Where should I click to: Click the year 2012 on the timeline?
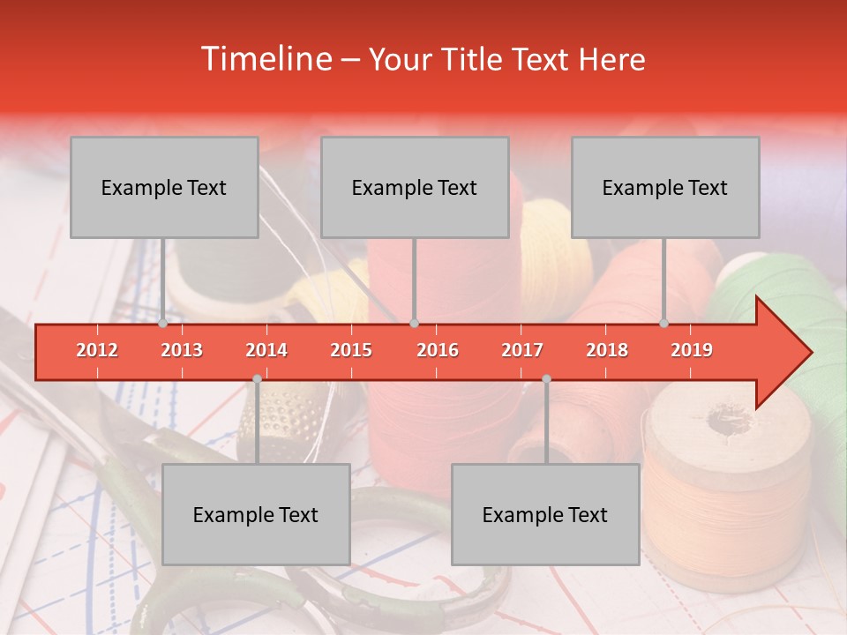click(97, 350)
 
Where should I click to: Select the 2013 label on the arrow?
click(182, 350)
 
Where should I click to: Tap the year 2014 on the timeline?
click(266, 350)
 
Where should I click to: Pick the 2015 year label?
click(351, 350)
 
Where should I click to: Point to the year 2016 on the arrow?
click(438, 350)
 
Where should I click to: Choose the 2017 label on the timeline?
click(522, 350)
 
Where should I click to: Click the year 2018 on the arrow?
click(607, 350)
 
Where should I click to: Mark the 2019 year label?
click(692, 350)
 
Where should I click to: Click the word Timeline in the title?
click(264, 59)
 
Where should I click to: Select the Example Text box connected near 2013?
click(164, 187)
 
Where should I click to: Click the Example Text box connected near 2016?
click(415, 187)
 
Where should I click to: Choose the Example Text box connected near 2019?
click(665, 187)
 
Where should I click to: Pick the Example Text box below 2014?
click(256, 514)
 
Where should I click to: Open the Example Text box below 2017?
click(545, 514)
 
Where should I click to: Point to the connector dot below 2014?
click(257, 378)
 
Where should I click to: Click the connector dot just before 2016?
click(415, 324)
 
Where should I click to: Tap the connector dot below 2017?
click(546, 378)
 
